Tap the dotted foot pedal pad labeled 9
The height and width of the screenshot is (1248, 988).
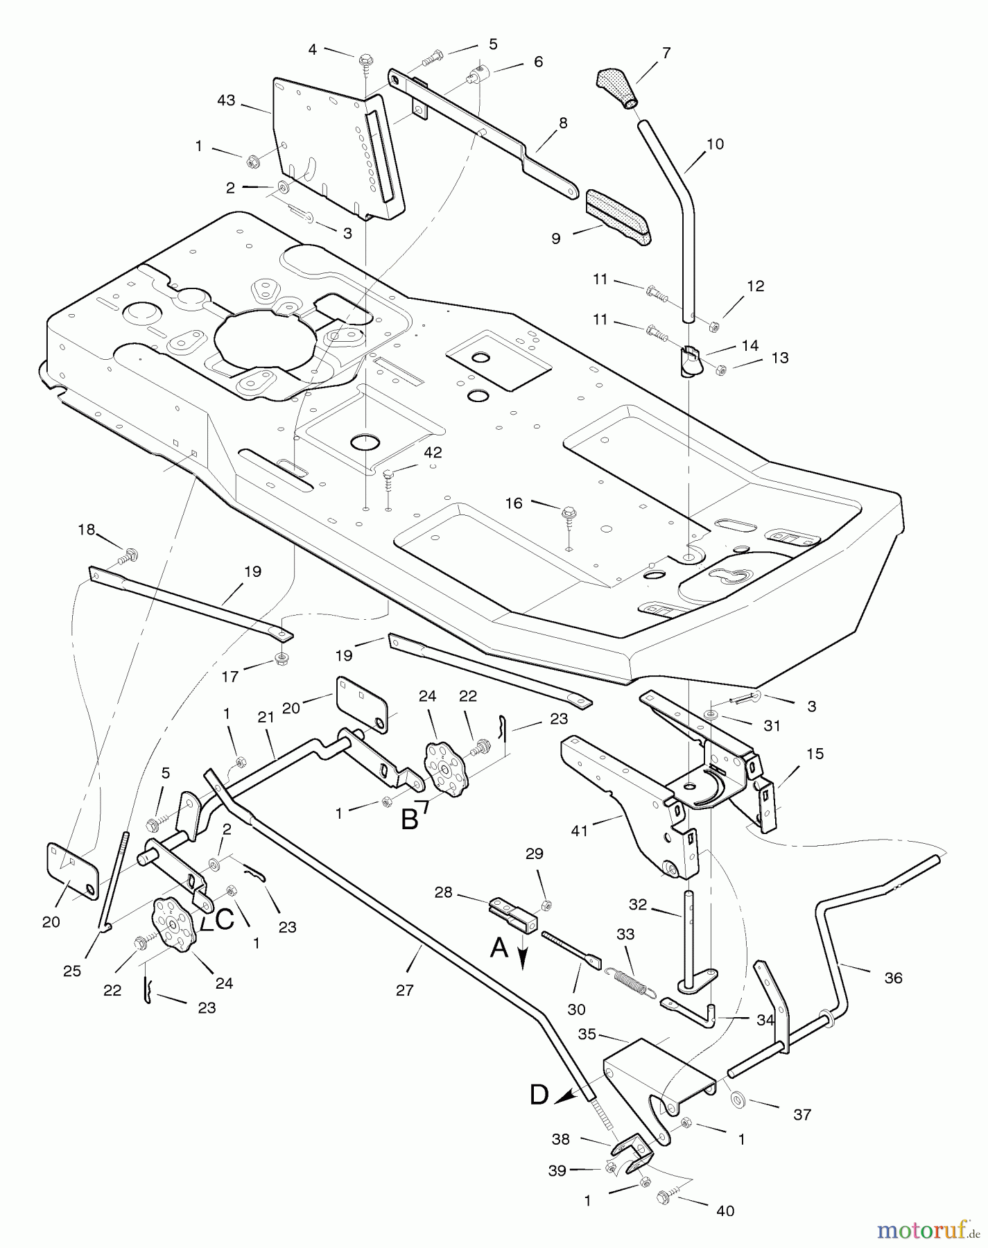click(x=618, y=216)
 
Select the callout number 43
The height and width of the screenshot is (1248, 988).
click(x=227, y=101)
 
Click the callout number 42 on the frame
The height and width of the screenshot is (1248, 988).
click(x=433, y=452)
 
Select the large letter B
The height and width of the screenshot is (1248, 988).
click(x=410, y=820)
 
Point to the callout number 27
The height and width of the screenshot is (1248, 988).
click(x=405, y=990)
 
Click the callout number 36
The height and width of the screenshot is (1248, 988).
click(x=894, y=978)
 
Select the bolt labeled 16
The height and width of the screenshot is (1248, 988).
click(x=566, y=514)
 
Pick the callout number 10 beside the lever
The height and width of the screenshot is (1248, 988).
click(x=715, y=144)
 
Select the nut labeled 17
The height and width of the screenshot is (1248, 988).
click(x=281, y=656)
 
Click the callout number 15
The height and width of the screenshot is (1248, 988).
click(x=815, y=753)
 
